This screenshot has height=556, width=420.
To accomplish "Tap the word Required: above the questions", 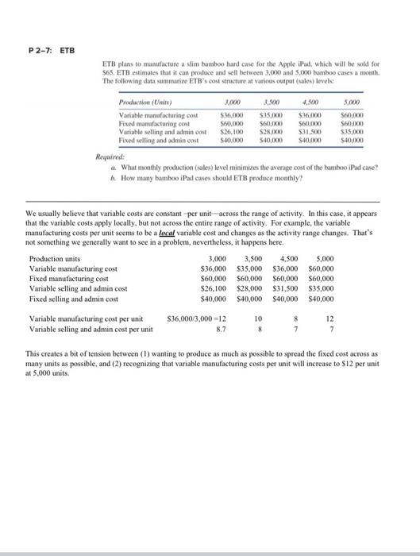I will pos(110,159).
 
